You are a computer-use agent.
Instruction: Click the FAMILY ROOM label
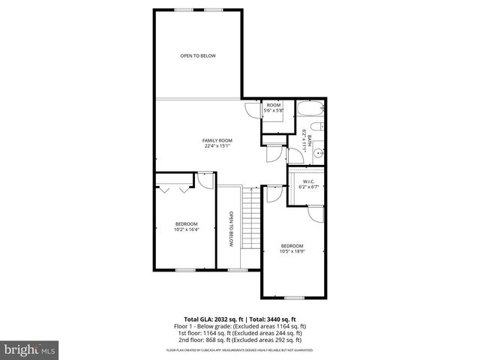pos(217,140)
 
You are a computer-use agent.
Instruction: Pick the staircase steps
pos(250,222)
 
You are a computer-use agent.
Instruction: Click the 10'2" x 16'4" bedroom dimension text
pos(186,229)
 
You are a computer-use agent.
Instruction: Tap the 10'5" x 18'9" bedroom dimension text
pos(292,251)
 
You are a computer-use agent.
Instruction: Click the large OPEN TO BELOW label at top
pos(198,56)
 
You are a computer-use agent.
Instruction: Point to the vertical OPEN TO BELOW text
pos(232,229)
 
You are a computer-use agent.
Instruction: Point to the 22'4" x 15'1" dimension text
pos(217,145)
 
